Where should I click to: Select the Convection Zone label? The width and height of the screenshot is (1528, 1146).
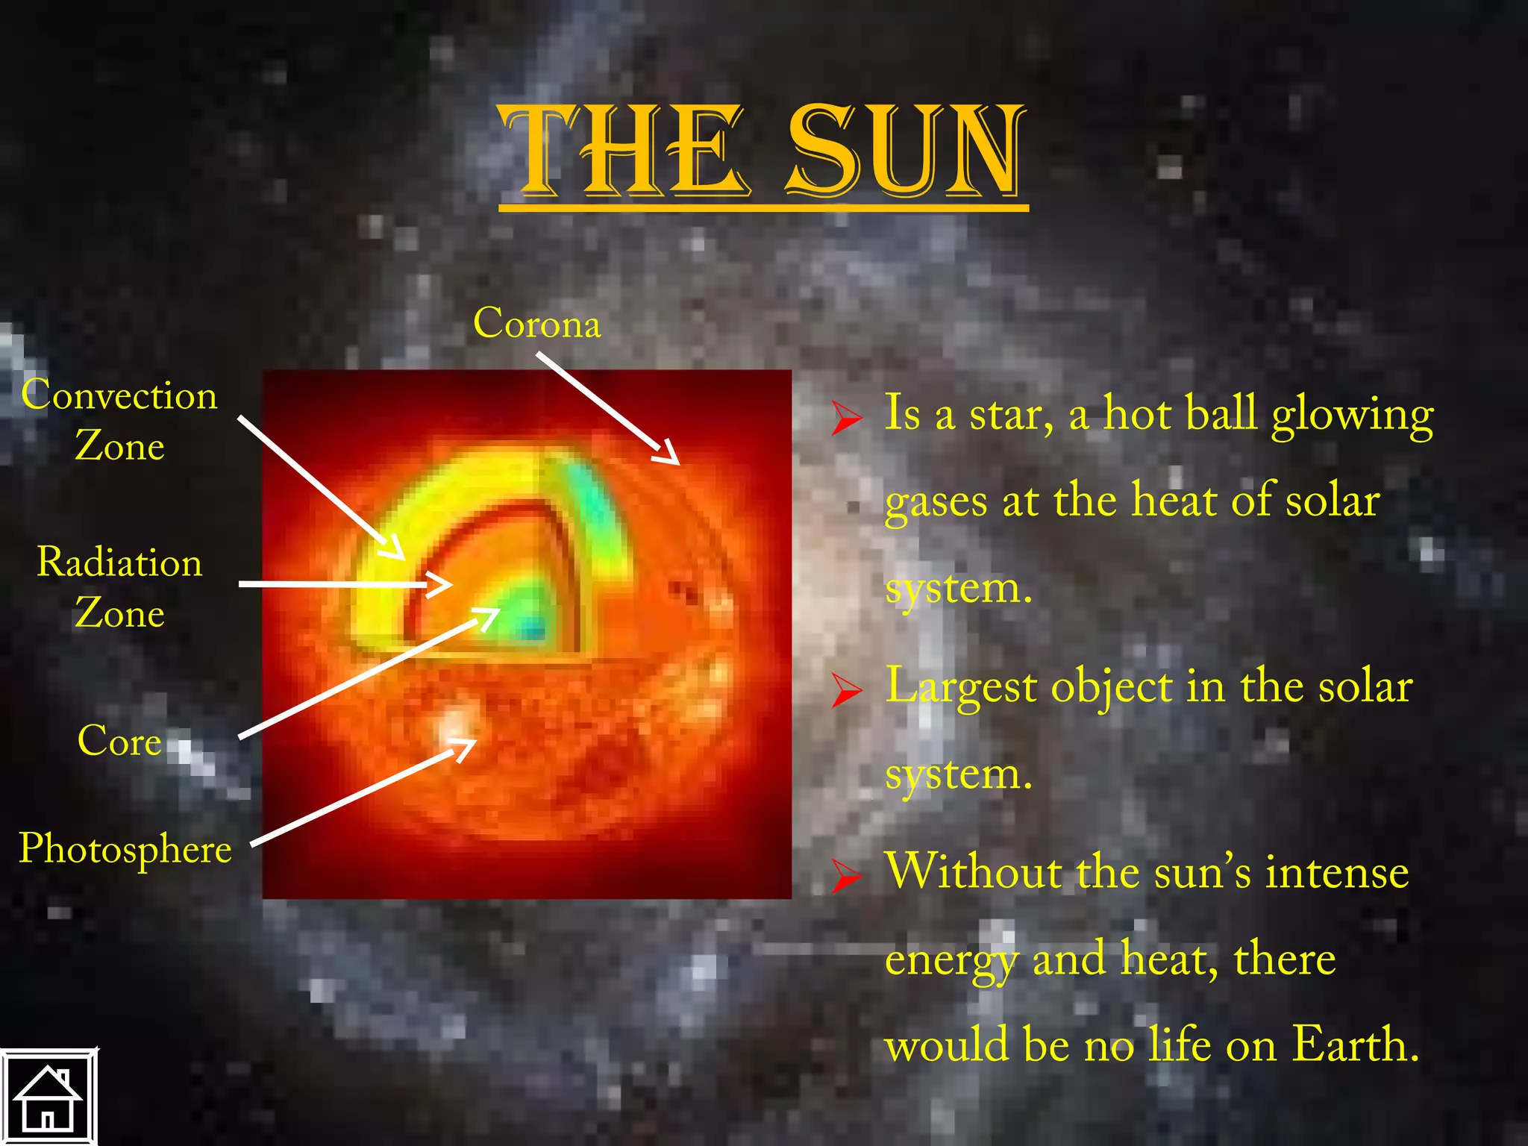click(x=119, y=420)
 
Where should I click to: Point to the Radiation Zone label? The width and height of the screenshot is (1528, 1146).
click(x=119, y=587)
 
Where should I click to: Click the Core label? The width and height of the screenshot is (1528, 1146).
click(x=119, y=741)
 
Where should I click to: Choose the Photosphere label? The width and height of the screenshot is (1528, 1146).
click(x=125, y=849)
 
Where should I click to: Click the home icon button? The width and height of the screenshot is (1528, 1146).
click(x=48, y=1097)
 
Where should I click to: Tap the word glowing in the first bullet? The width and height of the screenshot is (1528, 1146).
click(x=1352, y=415)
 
